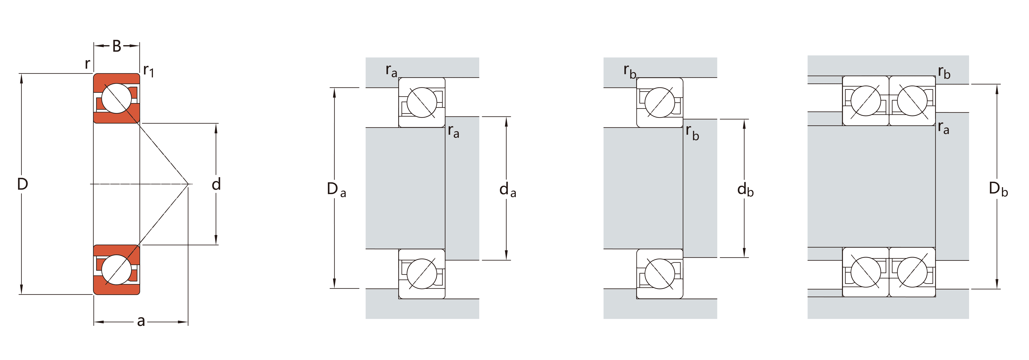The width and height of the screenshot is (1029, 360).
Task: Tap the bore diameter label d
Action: pos(216,184)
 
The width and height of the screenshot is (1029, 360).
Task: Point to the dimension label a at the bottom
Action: pos(141,321)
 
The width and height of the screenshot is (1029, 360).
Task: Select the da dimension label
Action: pos(508,189)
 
